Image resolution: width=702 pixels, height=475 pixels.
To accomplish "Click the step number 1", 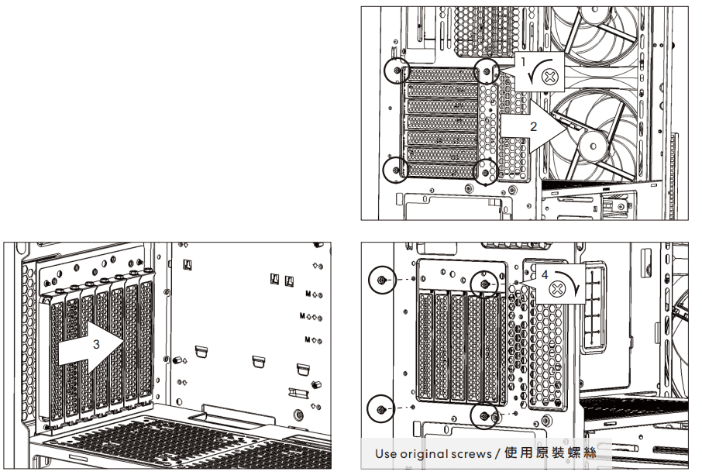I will [x=522, y=60].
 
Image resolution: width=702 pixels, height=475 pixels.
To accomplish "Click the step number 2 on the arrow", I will [x=532, y=126].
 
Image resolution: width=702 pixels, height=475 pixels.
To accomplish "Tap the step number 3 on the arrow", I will [x=96, y=343].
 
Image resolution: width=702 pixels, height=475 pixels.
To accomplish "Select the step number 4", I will [x=545, y=274].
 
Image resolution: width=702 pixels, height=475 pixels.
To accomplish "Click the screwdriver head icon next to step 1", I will [x=549, y=76].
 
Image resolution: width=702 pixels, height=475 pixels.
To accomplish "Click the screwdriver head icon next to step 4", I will [x=557, y=289].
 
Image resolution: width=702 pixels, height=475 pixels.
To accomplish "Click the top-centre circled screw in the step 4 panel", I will [x=485, y=284].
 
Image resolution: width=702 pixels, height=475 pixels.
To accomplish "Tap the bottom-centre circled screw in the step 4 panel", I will [x=484, y=416].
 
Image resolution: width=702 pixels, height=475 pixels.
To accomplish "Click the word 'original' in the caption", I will [x=425, y=453].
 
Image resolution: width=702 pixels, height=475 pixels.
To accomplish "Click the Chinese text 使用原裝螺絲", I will [x=550, y=453].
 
